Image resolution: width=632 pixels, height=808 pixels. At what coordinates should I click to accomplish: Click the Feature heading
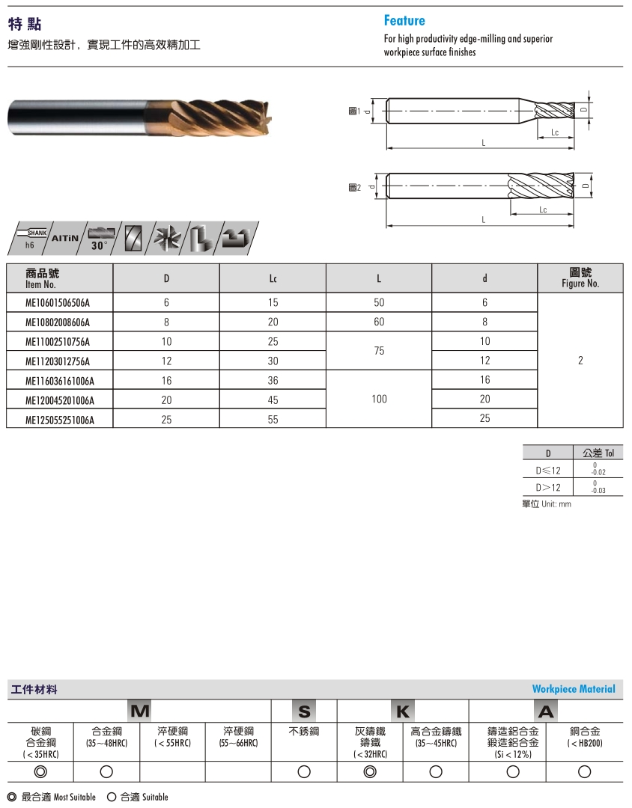pos(404,21)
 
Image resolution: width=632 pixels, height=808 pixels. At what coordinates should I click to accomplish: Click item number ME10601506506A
pos(58,303)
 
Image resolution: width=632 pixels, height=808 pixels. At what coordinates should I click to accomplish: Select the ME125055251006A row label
pos(60,420)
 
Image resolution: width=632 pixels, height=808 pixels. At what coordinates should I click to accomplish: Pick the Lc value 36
pos(273,381)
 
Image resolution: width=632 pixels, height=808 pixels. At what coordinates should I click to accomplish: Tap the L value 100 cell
pos(379,400)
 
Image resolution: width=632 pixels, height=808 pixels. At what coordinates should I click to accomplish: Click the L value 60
pos(379,322)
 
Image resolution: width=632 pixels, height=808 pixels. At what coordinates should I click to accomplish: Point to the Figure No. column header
pos(580,278)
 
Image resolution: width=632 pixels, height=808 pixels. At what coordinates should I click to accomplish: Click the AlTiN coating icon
pos(65,237)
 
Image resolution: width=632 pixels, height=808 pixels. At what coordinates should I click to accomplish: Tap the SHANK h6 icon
pos(33,237)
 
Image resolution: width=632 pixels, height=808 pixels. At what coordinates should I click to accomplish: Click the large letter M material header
pos(140,711)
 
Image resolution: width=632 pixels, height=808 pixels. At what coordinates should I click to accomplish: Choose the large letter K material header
pos(403,711)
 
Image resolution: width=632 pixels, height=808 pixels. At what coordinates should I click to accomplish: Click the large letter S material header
pos(304,711)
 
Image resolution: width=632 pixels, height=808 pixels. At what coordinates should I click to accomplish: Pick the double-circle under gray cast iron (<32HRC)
pos(370,771)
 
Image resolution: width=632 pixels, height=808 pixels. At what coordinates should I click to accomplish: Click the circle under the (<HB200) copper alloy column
pos(585,771)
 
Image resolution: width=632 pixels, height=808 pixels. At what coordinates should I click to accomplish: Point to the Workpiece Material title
pos(574,689)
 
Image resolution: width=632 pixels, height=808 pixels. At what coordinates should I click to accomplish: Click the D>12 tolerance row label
pos(547,487)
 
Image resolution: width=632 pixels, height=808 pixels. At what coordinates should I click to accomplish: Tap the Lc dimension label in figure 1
pos(555,132)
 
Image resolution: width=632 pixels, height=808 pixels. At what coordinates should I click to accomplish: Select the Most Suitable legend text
pos(52,798)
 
